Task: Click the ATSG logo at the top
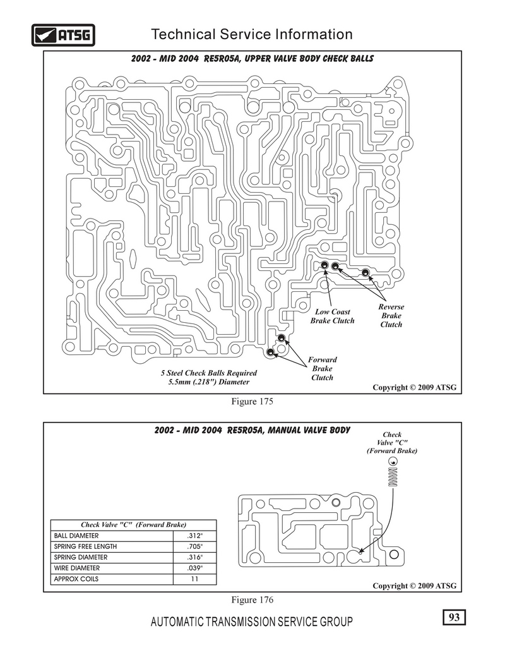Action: point(63,35)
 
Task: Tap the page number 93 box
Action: point(454,617)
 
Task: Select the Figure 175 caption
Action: point(252,401)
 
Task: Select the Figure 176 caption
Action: point(252,599)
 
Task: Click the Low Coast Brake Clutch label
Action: point(332,316)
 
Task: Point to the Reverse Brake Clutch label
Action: point(391,315)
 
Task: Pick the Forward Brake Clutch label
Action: point(323,368)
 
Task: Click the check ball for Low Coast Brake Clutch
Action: point(325,265)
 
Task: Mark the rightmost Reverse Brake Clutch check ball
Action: point(365,272)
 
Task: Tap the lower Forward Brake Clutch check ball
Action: point(271,352)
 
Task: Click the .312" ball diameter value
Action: point(194,536)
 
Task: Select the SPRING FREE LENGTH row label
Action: point(85,546)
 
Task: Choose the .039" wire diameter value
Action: point(194,568)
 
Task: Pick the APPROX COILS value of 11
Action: point(194,579)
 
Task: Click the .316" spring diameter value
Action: point(194,557)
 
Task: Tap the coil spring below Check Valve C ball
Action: point(393,477)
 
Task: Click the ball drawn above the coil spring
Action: point(393,461)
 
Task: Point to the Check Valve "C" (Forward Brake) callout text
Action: point(392,443)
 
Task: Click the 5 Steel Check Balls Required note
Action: point(209,377)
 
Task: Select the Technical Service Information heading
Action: point(252,34)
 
